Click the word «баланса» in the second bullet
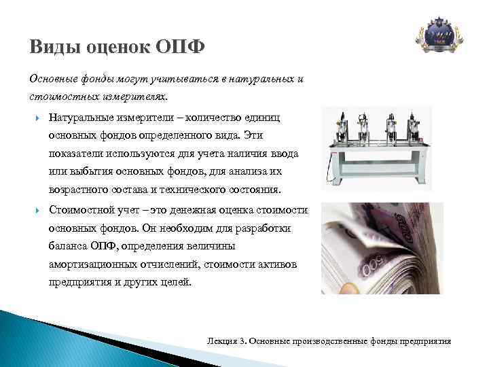pyautogui.click(x=68, y=246)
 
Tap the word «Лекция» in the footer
pyautogui.click(x=221, y=340)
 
